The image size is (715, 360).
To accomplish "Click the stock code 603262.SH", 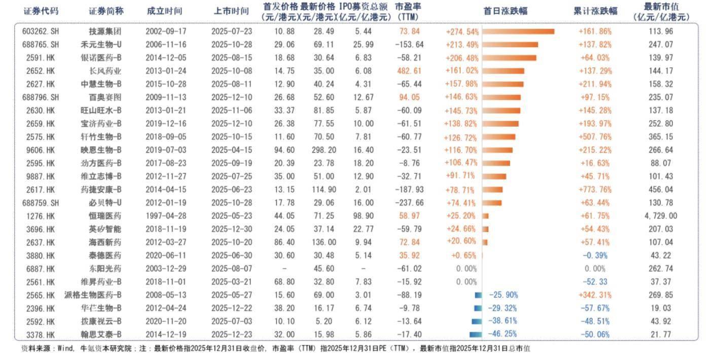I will tap(41, 31).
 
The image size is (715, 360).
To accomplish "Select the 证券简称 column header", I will tap(106, 11).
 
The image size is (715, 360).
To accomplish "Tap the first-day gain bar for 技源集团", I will tap(518, 31).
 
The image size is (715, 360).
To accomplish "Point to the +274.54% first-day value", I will tap(462, 31).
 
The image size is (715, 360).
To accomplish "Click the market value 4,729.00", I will tap(661, 216).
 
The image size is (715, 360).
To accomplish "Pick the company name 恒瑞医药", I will tap(105, 216).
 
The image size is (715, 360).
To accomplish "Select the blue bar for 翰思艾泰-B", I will tap(475, 334).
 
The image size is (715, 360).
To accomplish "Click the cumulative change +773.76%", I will tap(595, 190).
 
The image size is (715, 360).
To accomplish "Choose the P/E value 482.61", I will tap(409, 71).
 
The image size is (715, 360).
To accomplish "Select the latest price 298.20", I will tap(324, 150).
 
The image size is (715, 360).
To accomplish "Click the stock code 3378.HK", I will tap(40, 334).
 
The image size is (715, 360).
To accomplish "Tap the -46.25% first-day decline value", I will tap(503, 334).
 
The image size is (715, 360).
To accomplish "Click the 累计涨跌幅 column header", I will tap(595, 11).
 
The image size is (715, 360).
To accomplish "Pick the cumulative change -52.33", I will tap(595, 282).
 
